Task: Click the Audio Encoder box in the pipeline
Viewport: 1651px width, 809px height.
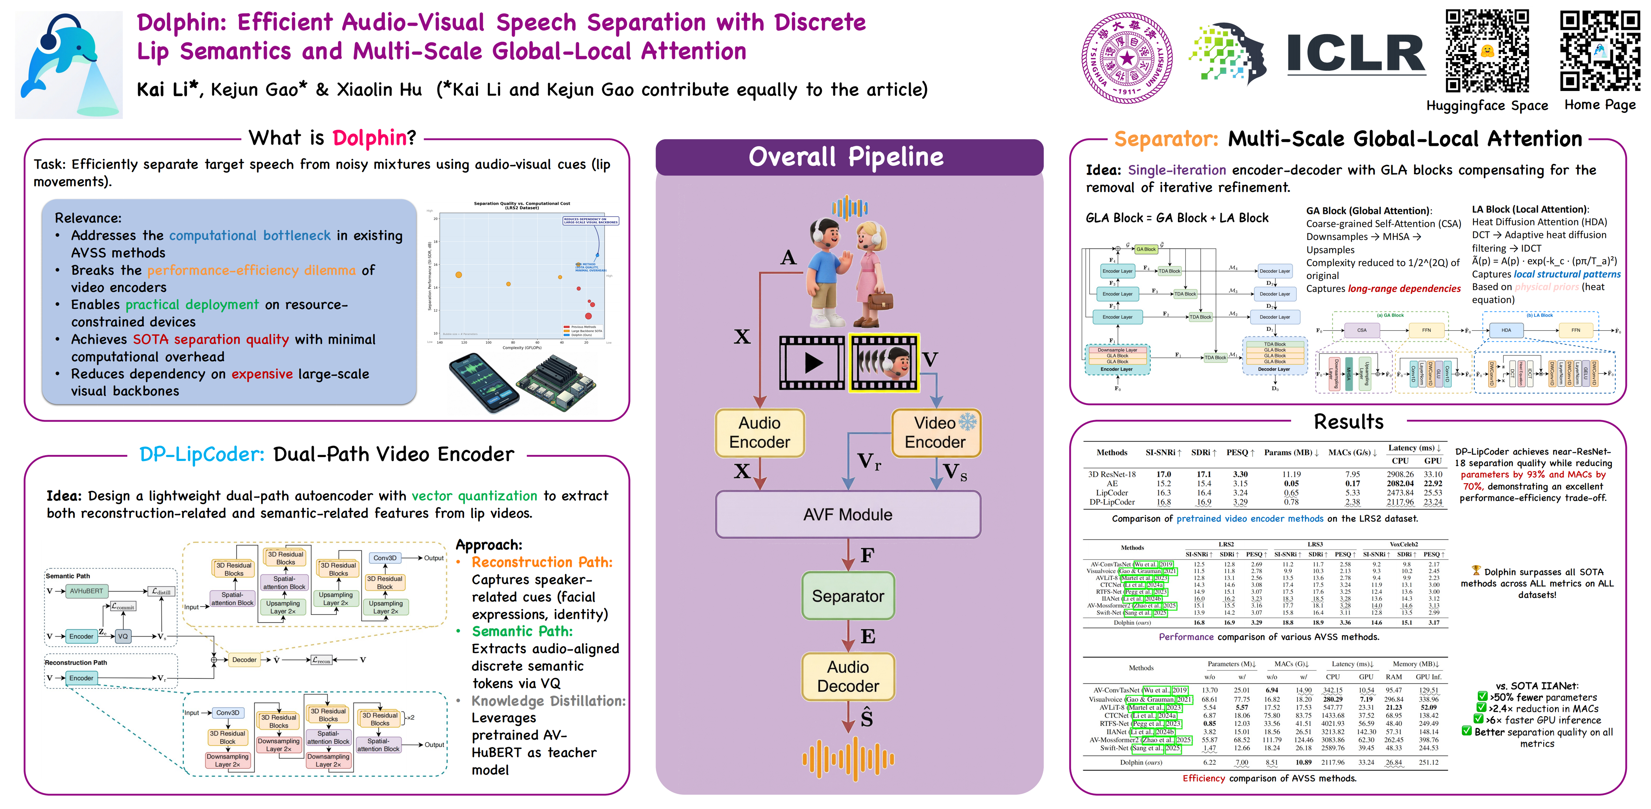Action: click(x=759, y=433)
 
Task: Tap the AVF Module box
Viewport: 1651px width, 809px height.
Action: click(x=847, y=514)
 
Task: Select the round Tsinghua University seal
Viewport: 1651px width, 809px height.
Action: click(x=1127, y=58)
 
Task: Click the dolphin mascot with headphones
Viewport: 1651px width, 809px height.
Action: click(x=67, y=64)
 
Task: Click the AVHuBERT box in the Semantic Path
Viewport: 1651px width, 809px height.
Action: click(x=86, y=591)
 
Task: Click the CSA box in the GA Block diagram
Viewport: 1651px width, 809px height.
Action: click(x=1361, y=330)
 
